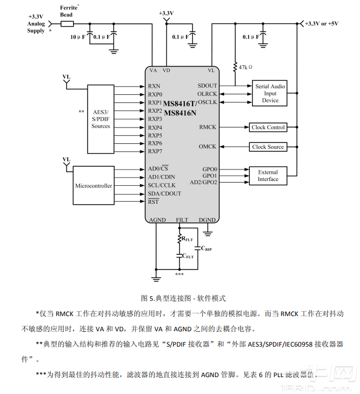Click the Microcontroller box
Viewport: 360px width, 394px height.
(93, 186)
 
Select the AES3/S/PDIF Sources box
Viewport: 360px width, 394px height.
(101, 119)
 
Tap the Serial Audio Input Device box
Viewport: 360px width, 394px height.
(270, 93)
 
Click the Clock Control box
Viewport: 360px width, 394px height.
(268, 128)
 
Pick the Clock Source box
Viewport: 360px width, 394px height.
(268, 147)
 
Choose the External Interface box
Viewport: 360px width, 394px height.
(268, 175)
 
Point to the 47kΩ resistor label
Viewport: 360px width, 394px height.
(245, 67)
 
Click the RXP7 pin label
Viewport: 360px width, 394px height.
(155, 151)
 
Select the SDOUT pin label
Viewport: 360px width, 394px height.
(207, 86)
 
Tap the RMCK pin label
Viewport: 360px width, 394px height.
(208, 128)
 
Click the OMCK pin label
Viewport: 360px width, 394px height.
(208, 147)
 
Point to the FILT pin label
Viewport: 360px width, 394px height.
(182, 220)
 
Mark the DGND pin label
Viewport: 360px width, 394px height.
(207, 220)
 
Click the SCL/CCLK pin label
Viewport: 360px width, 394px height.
(162, 185)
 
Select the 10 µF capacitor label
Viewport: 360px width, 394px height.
(77, 37)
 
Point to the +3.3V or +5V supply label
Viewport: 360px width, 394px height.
(322, 23)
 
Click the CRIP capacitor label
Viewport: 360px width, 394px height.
(206, 248)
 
